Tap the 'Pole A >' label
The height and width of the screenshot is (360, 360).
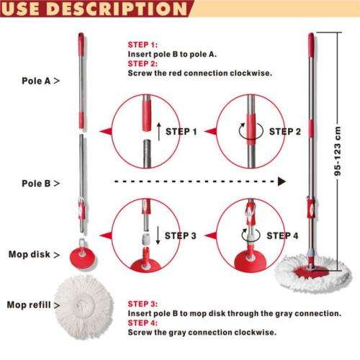click(40, 81)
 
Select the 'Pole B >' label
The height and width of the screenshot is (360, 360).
click(40, 184)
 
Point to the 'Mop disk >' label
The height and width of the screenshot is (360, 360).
click(33, 255)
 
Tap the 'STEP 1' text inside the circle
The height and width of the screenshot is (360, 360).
click(181, 132)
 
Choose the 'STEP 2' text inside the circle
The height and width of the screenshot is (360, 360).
click(285, 132)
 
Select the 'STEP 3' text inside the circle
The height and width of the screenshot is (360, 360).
click(182, 235)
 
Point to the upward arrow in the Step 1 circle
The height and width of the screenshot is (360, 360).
click(158, 132)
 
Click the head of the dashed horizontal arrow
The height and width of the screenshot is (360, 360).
click(282, 182)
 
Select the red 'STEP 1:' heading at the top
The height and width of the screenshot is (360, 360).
click(143, 45)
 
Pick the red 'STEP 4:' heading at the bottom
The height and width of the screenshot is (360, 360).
click(143, 323)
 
